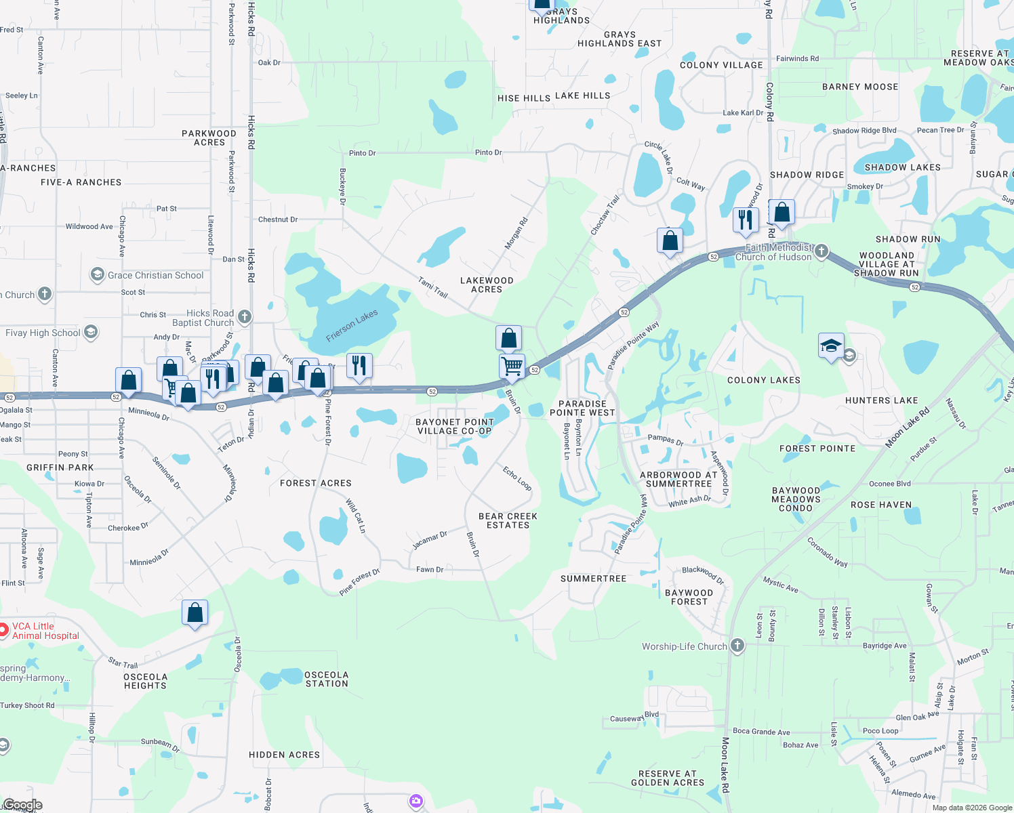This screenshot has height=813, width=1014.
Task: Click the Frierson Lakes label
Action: (x=352, y=326)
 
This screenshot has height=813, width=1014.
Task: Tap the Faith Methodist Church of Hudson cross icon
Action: (x=822, y=251)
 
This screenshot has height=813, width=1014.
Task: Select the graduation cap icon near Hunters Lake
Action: (x=831, y=346)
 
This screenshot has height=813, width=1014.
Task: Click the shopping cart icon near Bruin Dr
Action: (x=512, y=367)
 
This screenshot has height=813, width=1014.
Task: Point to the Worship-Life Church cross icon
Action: (x=737, y=646)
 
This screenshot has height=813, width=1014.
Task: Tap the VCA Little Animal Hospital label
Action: (x=45, y=631)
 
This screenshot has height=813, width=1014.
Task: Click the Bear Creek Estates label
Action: (x=508, y=520)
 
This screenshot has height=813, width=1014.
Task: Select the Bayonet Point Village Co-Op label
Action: (x=454, y=426)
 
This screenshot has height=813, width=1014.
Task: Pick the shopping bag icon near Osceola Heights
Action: (x=195, y=612)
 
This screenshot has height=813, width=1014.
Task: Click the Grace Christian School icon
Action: (x=97, y=275)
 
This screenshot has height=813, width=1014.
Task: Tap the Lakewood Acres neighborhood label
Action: (x=487, y=285)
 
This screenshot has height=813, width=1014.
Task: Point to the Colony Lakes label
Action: (x=763, y=380)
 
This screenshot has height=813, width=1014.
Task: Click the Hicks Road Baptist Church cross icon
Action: (x=245, y=316)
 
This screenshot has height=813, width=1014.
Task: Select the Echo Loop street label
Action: (x=517, y=478)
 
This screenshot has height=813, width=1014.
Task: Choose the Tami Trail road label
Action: (x=432, y=287)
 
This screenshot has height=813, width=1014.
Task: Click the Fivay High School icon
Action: (x=91, y=332)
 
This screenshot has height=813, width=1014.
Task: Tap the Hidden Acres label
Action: (x=284, y=755)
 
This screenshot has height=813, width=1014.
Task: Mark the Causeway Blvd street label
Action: (x=634, y=717)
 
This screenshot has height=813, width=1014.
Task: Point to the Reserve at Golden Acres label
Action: (x=668, y=778)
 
